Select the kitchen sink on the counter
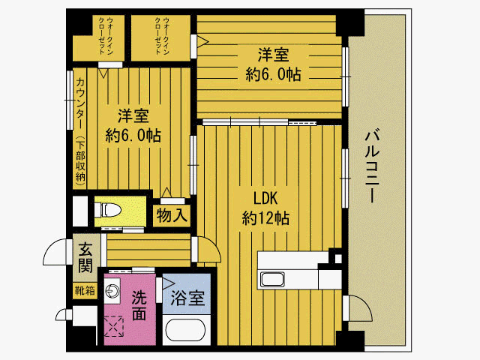pyautogui.click(x=271, y=280)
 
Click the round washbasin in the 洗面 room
pyautogui.click(x=113, y=288)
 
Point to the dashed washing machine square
pyautogui.click(x=115, y=325)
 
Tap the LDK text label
pyautogui.click(x=265, y=199)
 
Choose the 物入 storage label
pyautogui.click(x=172, y=215)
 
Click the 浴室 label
pyautogui.click(x=187, y=298)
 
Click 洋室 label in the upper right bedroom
pyautogui.click(x=273, y=55)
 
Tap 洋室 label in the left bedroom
pyautogui.click(x=133, y=116)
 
